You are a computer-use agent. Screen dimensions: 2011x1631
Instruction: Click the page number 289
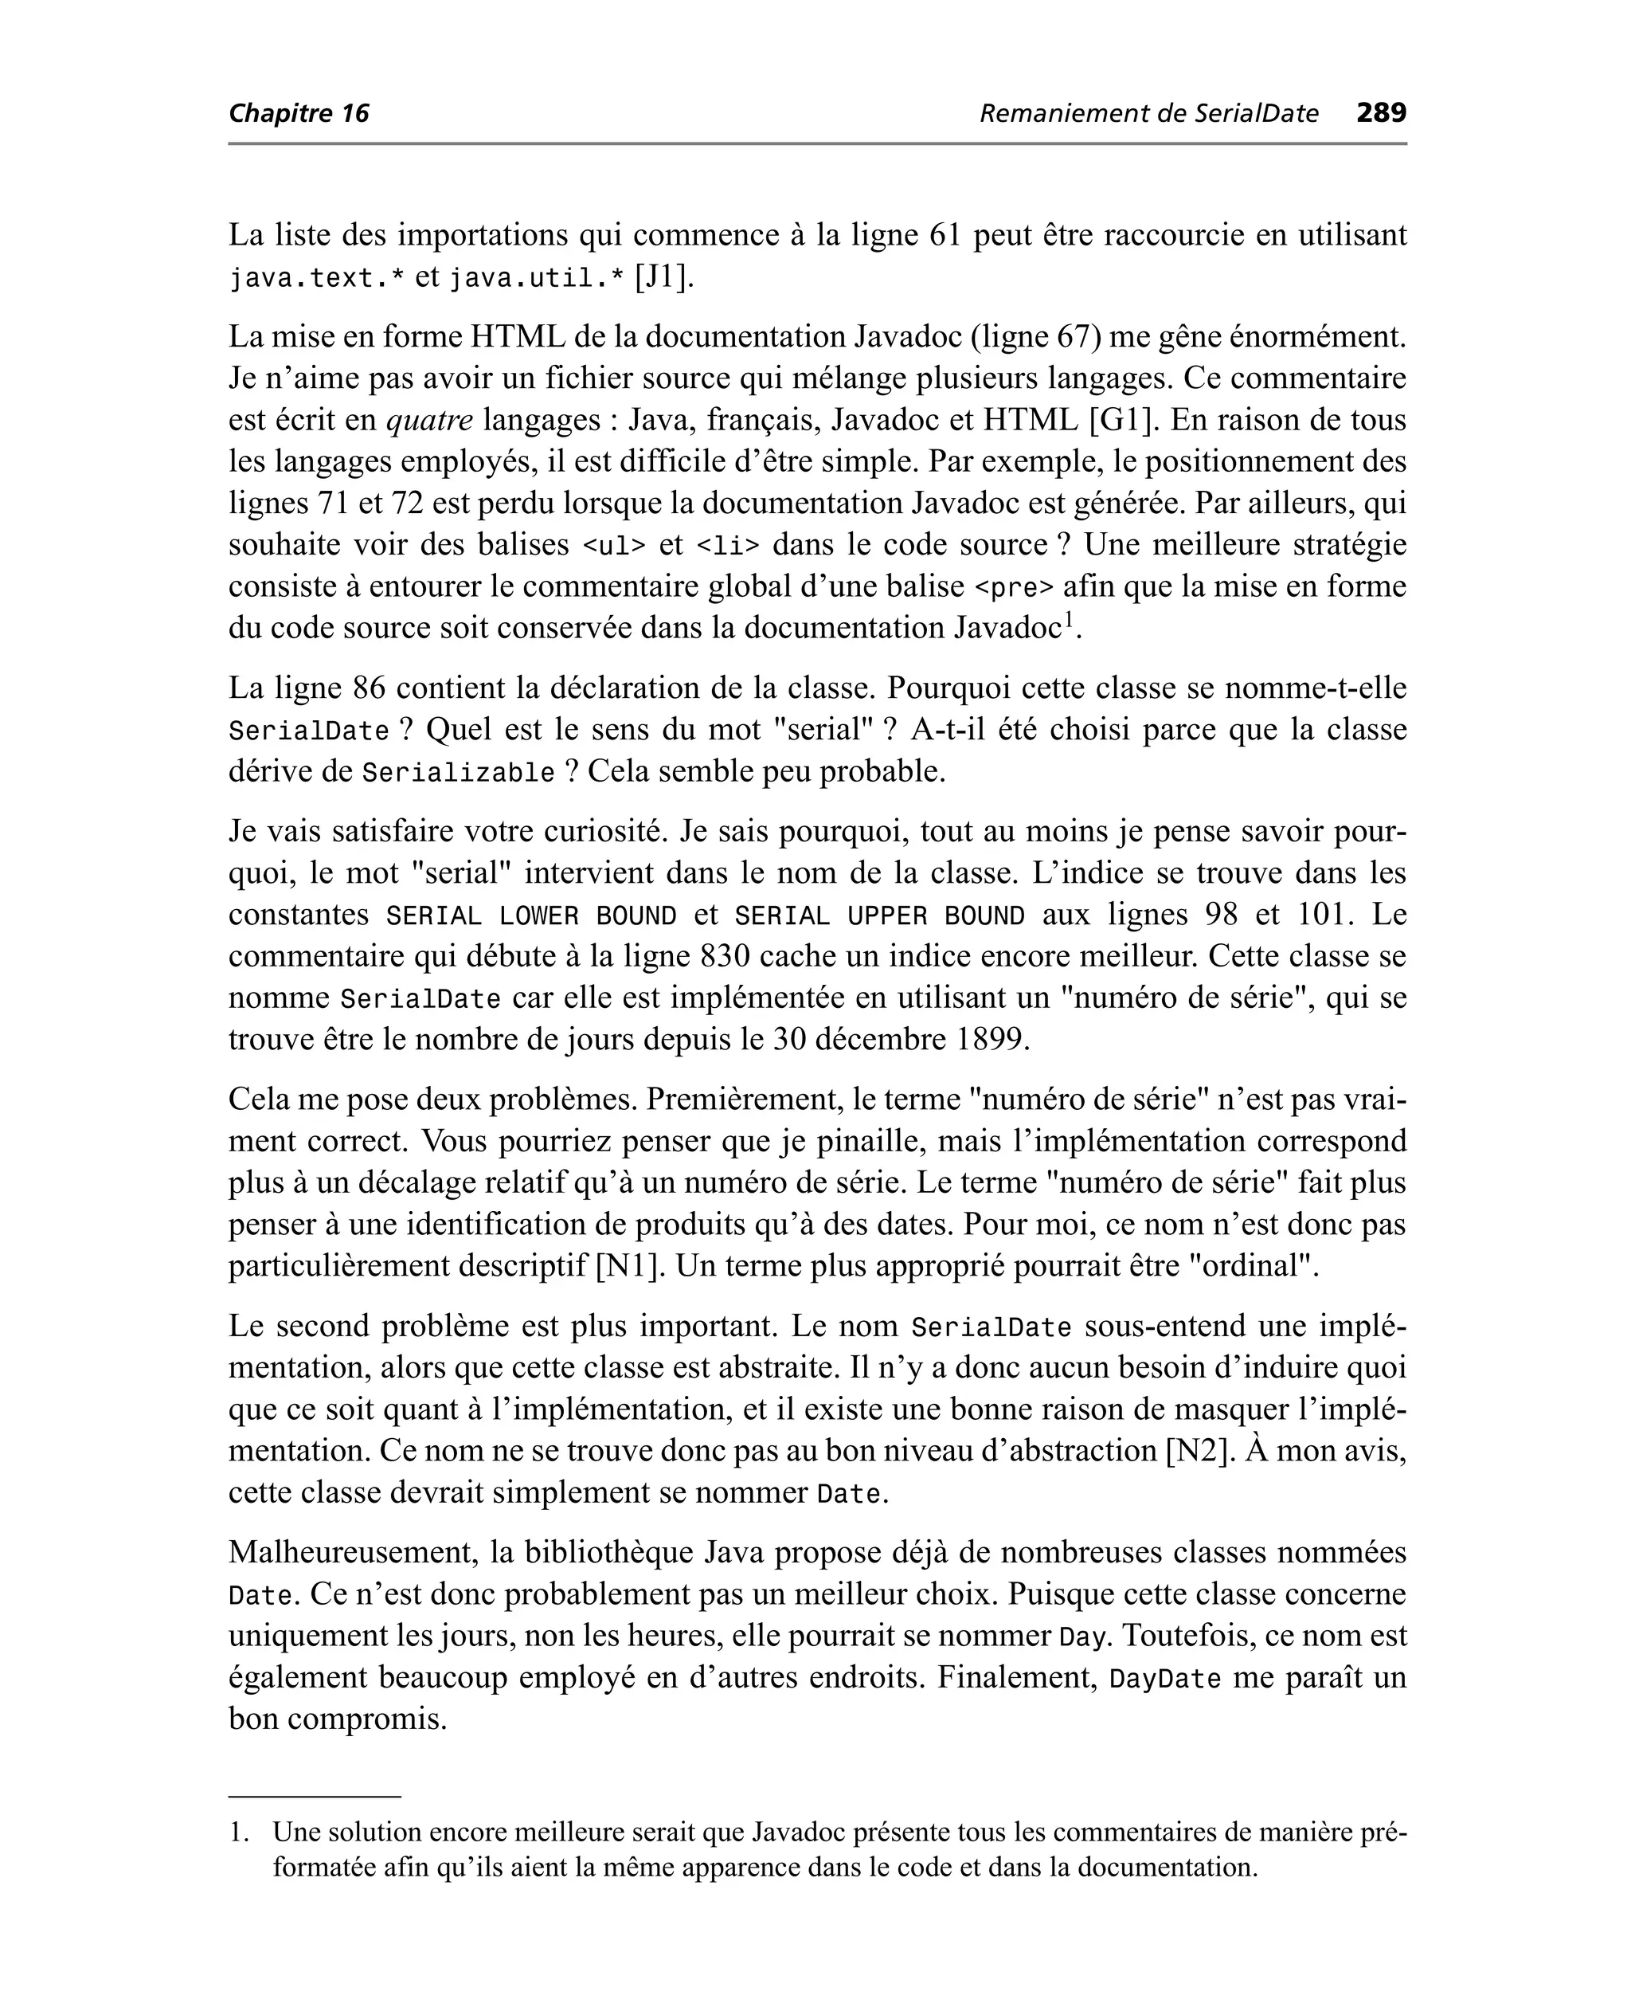point(1381,113)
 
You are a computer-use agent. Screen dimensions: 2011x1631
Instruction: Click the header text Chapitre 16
point(299,114)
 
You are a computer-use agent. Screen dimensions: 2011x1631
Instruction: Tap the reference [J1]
point(664,278)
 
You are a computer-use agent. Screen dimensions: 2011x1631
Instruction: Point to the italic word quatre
point(429,420)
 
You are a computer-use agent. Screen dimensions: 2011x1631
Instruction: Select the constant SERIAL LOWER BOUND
point(532,916)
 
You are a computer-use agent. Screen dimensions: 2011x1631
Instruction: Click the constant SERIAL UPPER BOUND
point(879,916)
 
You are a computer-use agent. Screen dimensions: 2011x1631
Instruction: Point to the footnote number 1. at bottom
point(240,1833)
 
